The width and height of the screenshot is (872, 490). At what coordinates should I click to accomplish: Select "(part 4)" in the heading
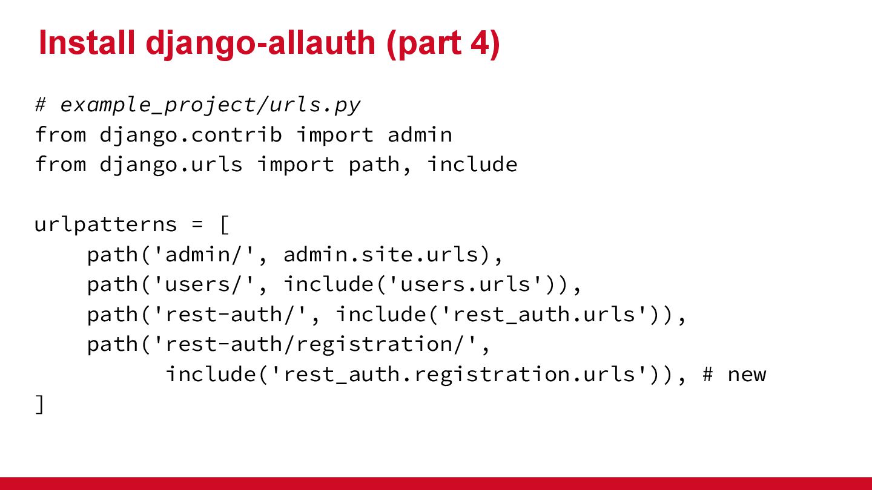tap(443, 43)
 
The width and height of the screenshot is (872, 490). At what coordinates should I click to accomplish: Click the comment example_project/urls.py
tap(210, 105)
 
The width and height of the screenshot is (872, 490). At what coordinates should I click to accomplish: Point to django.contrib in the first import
tap(191, 134)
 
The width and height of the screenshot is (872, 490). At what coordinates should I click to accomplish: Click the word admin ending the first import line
tap(420, 134)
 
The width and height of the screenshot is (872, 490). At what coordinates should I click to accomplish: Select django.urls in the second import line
tap(171, 165)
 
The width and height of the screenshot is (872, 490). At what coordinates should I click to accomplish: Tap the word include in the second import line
tap(472, 165)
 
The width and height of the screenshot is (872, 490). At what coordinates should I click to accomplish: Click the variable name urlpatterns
tap(105, 224)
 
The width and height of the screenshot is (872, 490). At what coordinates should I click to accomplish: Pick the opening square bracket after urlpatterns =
tap(224, 225)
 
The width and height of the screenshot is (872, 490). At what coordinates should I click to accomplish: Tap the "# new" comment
tap(734, 374)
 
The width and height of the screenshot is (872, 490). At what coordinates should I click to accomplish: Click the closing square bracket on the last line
tap(40, 404)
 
